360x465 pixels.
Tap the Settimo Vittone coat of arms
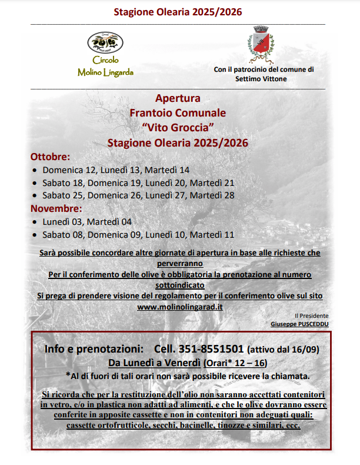coord(259,44)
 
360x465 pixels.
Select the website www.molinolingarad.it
coord(180,307)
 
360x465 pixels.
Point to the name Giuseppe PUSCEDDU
coord(299,324)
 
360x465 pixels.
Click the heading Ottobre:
coord(50,157)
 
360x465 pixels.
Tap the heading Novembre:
coord(56,209)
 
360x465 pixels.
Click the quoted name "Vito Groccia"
coord(178,127)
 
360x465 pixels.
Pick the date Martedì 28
coord(212,195)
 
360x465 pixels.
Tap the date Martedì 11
coord(212,234)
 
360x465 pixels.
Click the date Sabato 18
coord(62,183)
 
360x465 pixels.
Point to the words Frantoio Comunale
coord(178,112)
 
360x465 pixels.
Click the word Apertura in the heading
coord(178,97)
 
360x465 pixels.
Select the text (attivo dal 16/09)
coord(282,349)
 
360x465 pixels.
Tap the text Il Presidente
coord(312,316)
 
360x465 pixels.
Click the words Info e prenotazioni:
coord(94,348)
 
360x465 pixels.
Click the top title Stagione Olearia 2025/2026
coord(178,12)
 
